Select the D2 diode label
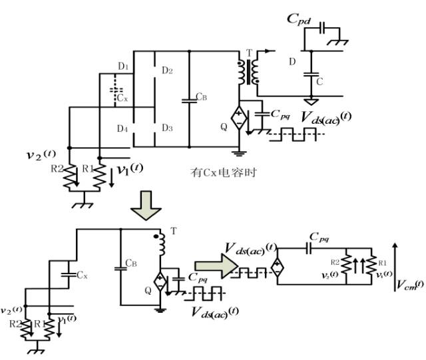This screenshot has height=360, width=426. (166, 71)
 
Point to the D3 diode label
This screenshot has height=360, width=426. (166, 127)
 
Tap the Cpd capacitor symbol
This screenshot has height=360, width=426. (322, 30)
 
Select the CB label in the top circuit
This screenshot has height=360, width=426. (202, 98)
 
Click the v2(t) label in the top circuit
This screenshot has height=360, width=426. (41, 157)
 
